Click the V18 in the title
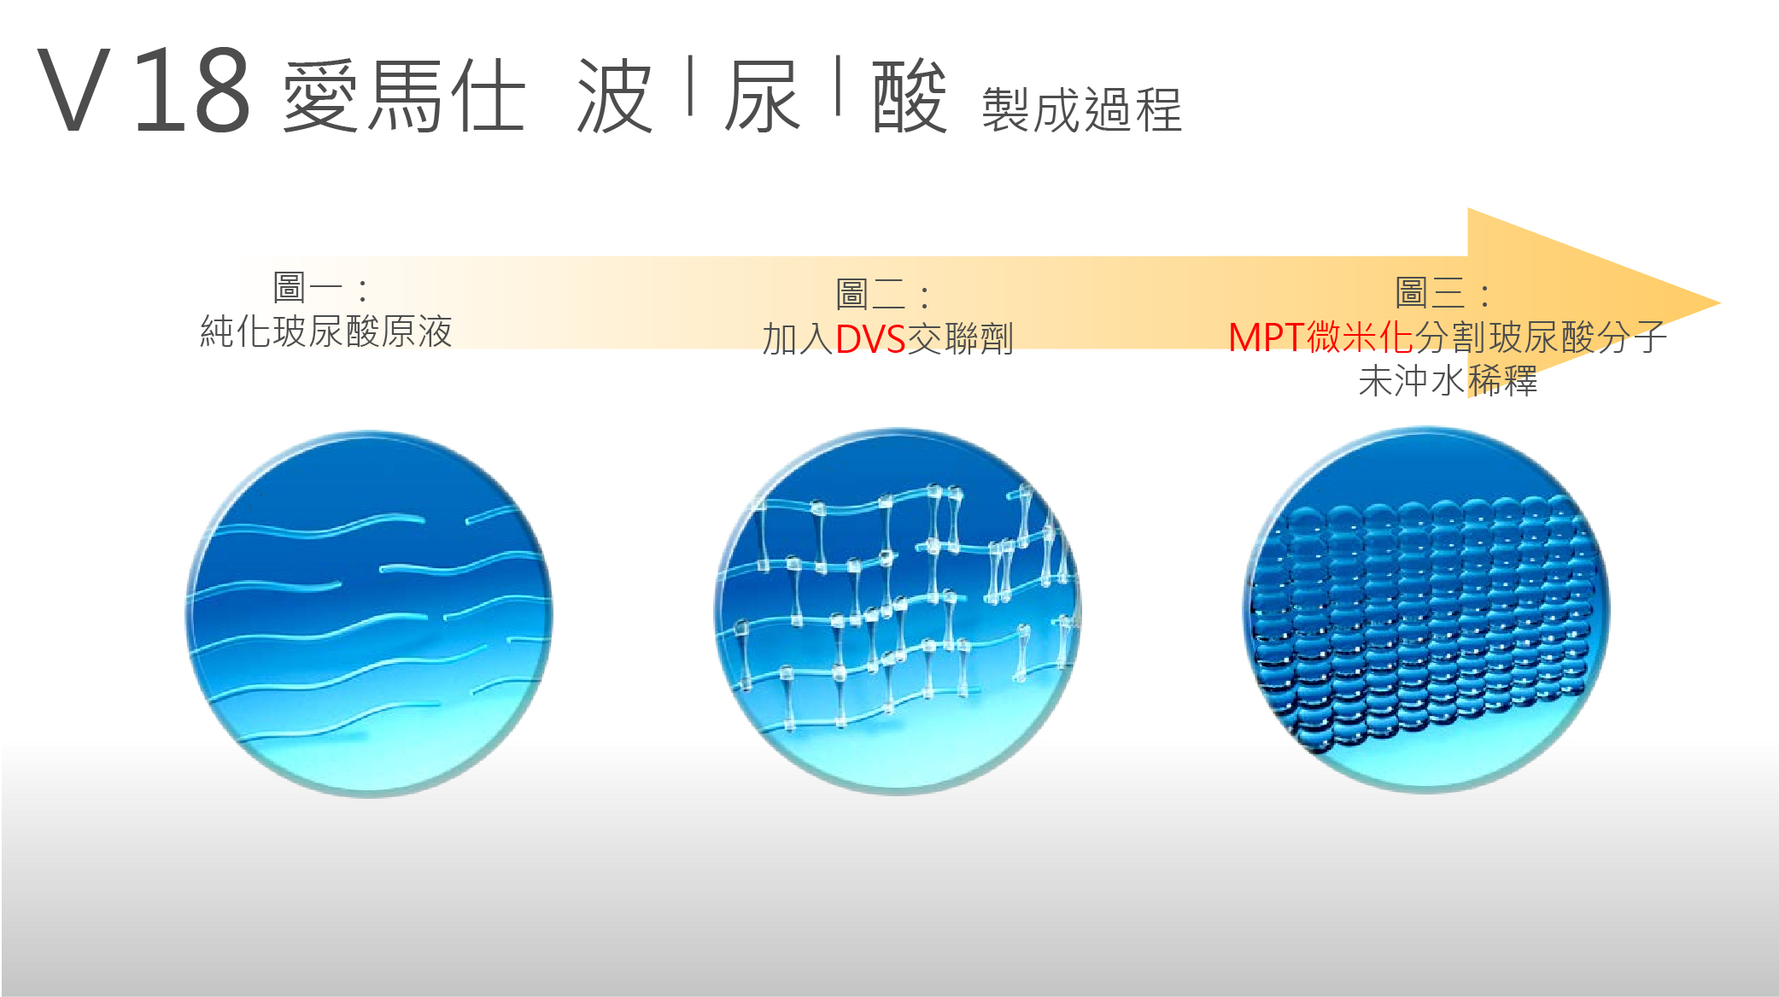click(x=143, y=91)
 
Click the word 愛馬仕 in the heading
click(x=404, y=96)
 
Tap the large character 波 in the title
click(x=615, y=96)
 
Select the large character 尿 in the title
click(x=763, y=96)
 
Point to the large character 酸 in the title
click(x=910, y=96)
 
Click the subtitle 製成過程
click(x=1082, y=110)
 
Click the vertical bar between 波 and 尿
click(x=690, y=85)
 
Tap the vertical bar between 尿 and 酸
click(x=839, y=85)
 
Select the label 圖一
click(x=307, y=288)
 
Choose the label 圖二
click(x=870, y=295)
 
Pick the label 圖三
click(x=1431, y=293)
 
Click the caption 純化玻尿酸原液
click(x=326, y=331)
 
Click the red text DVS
click(x=870, y=339)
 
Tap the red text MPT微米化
click(x=1321, y=337)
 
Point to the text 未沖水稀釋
click(x=1448, y=380)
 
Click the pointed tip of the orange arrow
click(x=1719, y=303)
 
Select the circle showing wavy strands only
click(x=369, y=613)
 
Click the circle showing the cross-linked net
click(x=897, y=611)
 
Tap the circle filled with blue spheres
click(x=1425, y=609)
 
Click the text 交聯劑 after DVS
click(x=960, y=339)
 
